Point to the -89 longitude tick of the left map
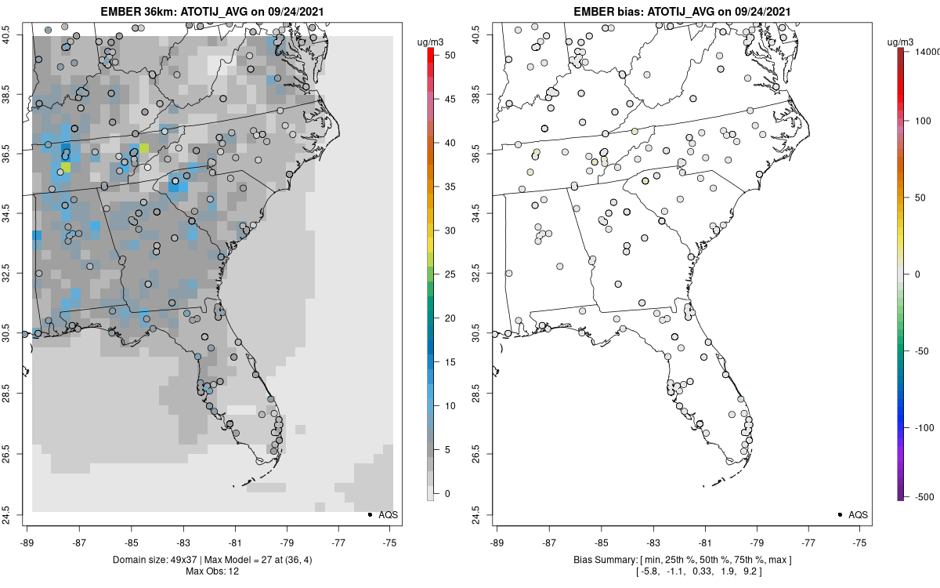pos(27,542)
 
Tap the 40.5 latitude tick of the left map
pos(11,34)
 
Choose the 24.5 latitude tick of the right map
pos(481,514)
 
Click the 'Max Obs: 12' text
pos(212,572)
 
